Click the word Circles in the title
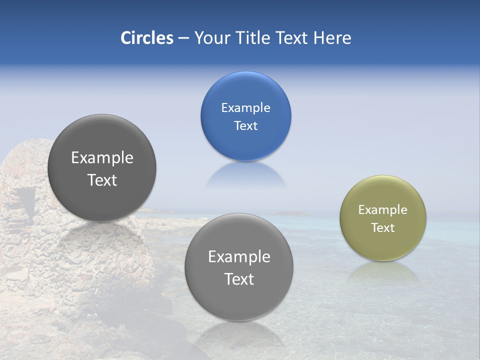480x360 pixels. pyautogui.click(x=146, y=38)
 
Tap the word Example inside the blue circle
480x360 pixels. pyautogui.click(x=245, y=108)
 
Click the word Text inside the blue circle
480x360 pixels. pyautogui.click(x=245, y=126)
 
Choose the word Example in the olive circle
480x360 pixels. pyautogui.click(x=382, y=210)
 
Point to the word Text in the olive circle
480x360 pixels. pyautogui.click(x=382, y=228)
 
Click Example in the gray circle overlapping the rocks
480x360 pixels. pyautogui.click(x=102, y=158)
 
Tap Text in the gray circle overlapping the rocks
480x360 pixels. pyautogui.click(x=102, y=180)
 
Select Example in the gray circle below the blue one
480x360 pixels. pyautogui.click(x=239, y=257)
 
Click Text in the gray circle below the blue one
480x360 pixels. pyautogui.click(x=239, y=279)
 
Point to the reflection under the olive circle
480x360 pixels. pyautogui.click(x=382, y=272)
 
